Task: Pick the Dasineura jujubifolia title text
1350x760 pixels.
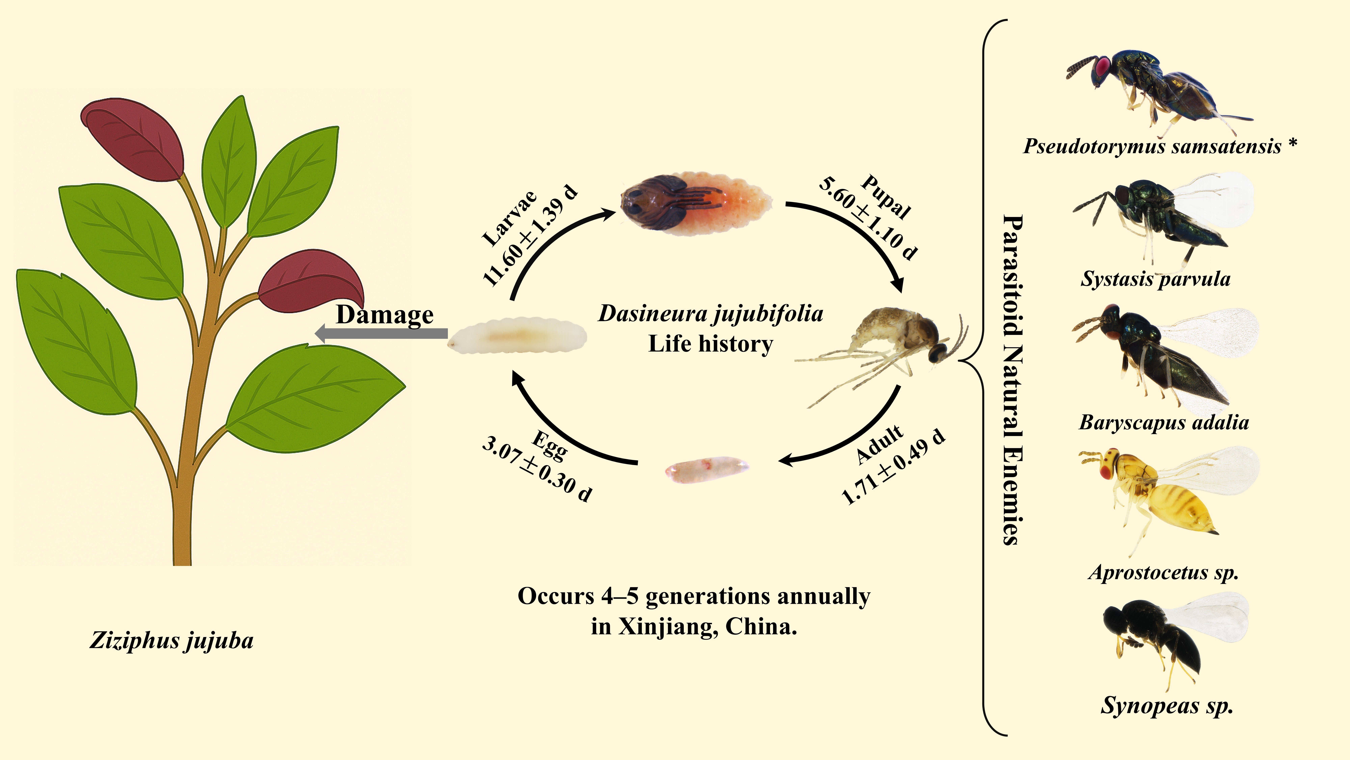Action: click(711, 314)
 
